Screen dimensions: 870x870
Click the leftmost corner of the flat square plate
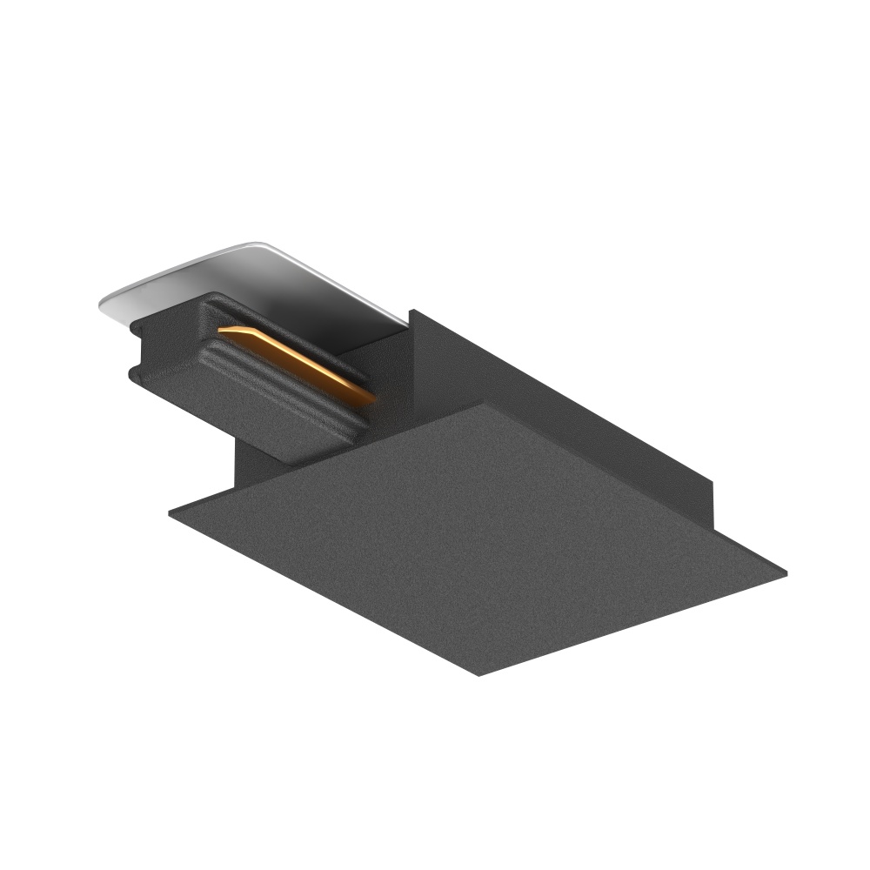pyautogui.click(x=170, y=512)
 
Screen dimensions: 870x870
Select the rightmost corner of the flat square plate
pyautogui.click(x=786, y=572)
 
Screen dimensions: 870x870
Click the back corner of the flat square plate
pyautogui.click(x=481, y=404)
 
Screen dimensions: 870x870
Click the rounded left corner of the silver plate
pyautogui.click(x=103, y=302)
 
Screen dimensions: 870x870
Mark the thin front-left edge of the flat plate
pyautogui.click(x=322, y=600)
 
